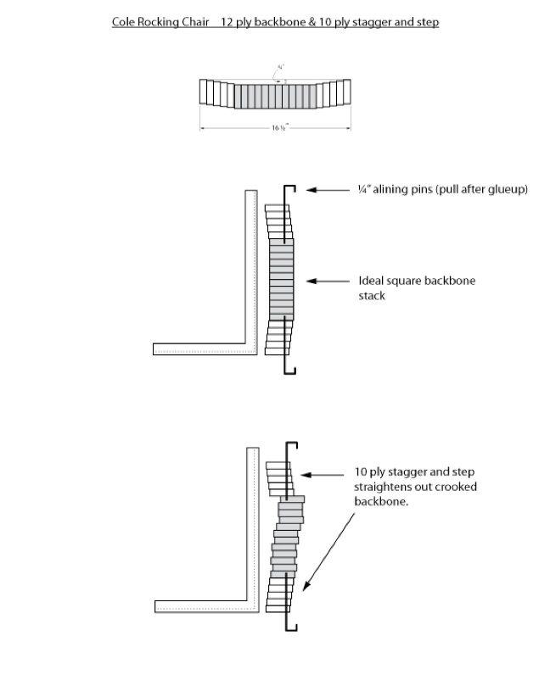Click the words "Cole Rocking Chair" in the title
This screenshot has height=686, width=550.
[x=160, y=22]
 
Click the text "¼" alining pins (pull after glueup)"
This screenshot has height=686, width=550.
[x=442, y=189]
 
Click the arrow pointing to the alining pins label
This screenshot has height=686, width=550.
[x=327, y=189]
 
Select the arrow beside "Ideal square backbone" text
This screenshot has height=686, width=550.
[x=327, y=281]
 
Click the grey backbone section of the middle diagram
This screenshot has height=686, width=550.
[x=282, y=279]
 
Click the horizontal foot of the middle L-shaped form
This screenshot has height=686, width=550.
[x=204, y=349]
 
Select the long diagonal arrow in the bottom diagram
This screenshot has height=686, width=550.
[x=328, y=547]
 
